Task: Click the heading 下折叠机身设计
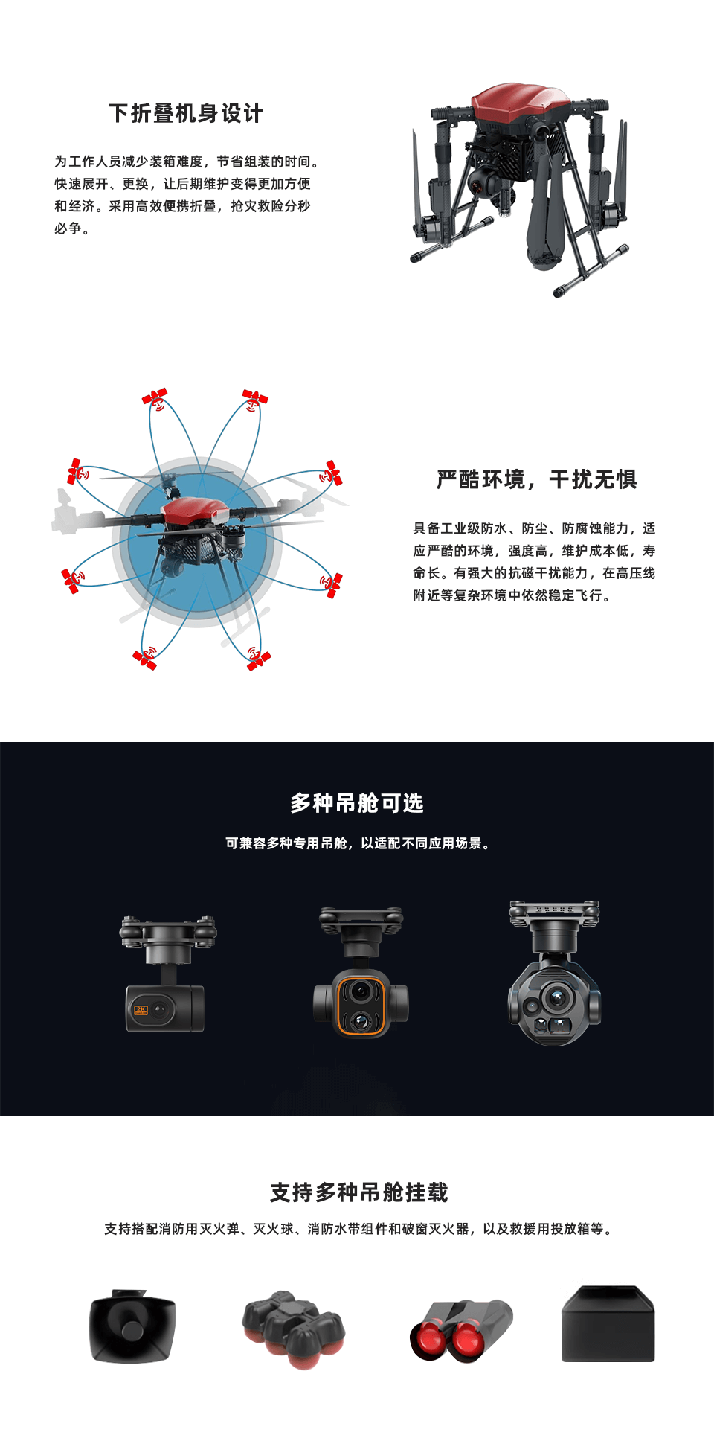pos(186,113)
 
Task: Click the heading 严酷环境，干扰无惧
pos(537,479)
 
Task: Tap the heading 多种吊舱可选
pos(357,803)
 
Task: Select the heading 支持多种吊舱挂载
pos(358,1192)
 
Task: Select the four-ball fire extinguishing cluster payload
pos(293,1329)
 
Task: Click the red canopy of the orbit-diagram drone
pos(194,510)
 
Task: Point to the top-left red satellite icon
pos(155,398)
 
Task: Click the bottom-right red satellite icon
pos(258,657)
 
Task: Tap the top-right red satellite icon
pos(254,398)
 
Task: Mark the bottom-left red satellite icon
pos(145,658)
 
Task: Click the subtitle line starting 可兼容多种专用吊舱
pos(357,843)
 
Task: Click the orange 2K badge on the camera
pos(141,1010)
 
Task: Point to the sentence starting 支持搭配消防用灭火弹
pos(358,1229)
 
